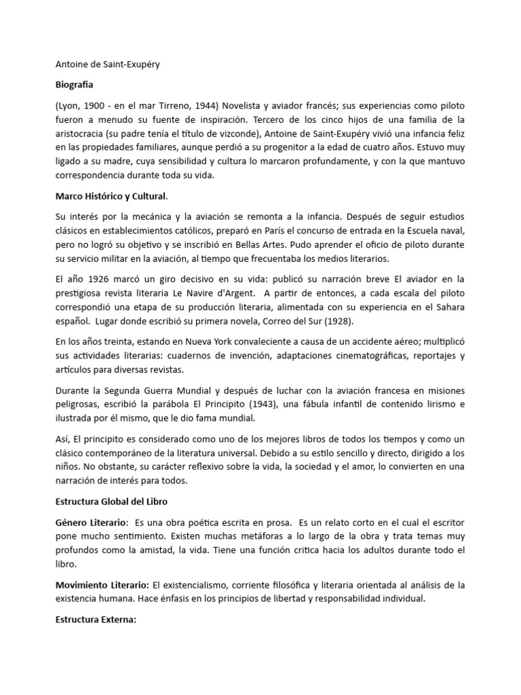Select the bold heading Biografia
(74, 86)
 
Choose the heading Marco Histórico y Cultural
(111, 196)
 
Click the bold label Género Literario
(91, 523)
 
